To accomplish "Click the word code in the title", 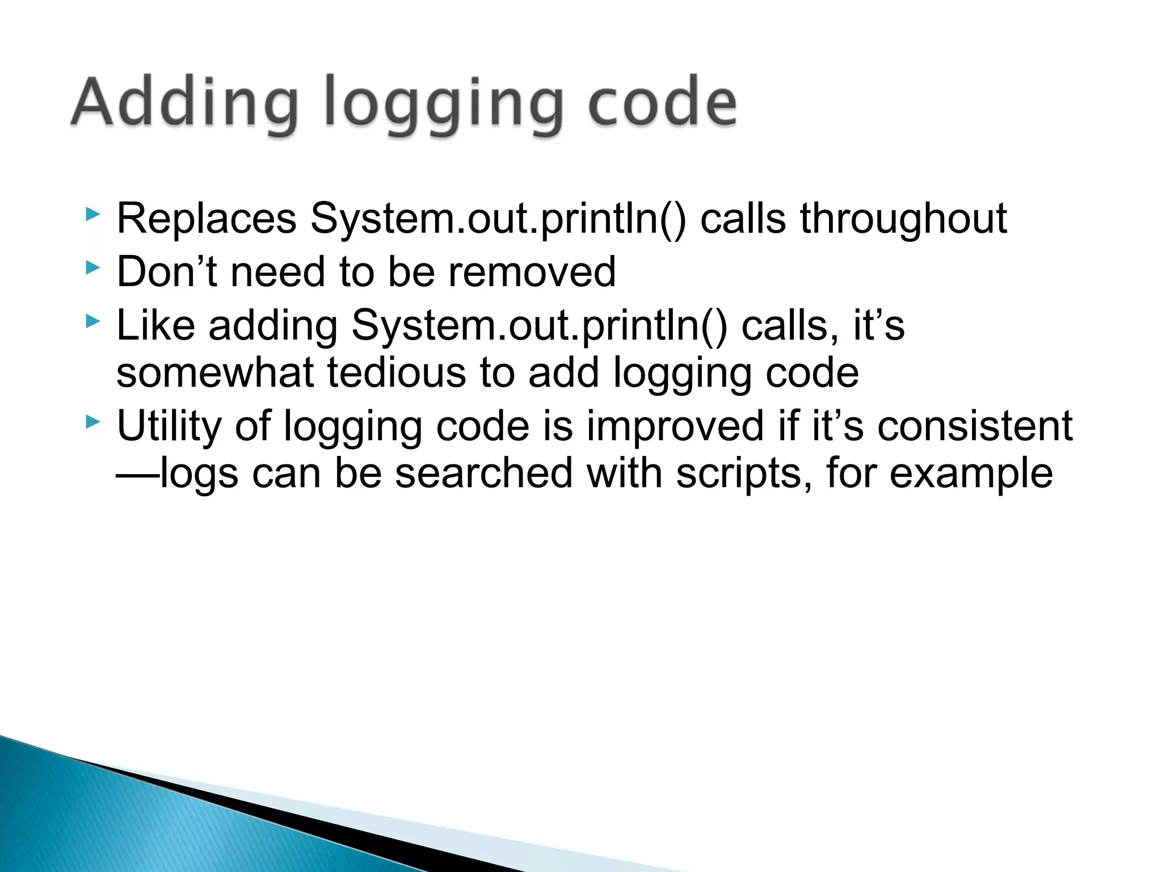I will point(662,102).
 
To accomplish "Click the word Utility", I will point(169,426).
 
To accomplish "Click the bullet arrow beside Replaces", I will point(92,215).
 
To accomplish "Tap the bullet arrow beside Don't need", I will point(92,267).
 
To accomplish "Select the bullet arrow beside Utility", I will point(92,422).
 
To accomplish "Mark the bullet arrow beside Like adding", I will point(92,321).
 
